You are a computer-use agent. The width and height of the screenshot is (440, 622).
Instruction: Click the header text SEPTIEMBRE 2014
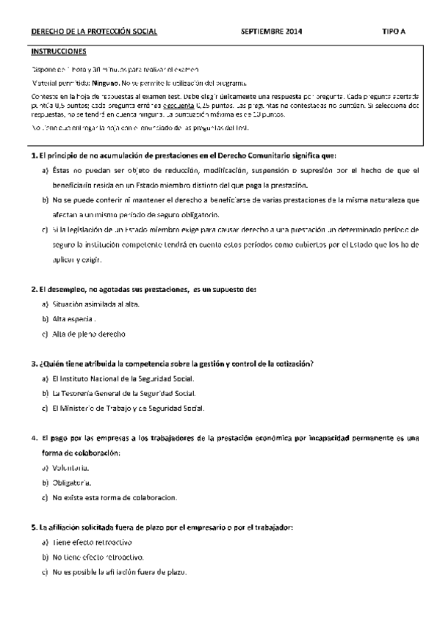(x=271, y=33)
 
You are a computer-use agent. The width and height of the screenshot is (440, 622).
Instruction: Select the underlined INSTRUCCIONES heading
(x=59, y=52)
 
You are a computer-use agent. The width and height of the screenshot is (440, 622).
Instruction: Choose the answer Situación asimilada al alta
(x=95, y=304)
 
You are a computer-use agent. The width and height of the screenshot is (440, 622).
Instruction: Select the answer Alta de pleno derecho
(x=89, y=334)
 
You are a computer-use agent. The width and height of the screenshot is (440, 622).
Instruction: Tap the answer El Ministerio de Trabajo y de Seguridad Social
(x=129, y=408)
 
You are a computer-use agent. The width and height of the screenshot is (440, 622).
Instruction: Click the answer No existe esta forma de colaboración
(x=114, y=497)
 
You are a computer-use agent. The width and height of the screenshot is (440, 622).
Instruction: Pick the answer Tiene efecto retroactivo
(x=92, y=542)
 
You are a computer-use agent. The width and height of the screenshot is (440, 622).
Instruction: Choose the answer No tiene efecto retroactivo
(x=98, y=557)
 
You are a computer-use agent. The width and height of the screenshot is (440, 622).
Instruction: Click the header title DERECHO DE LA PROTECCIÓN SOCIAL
(x=93, y=33)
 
